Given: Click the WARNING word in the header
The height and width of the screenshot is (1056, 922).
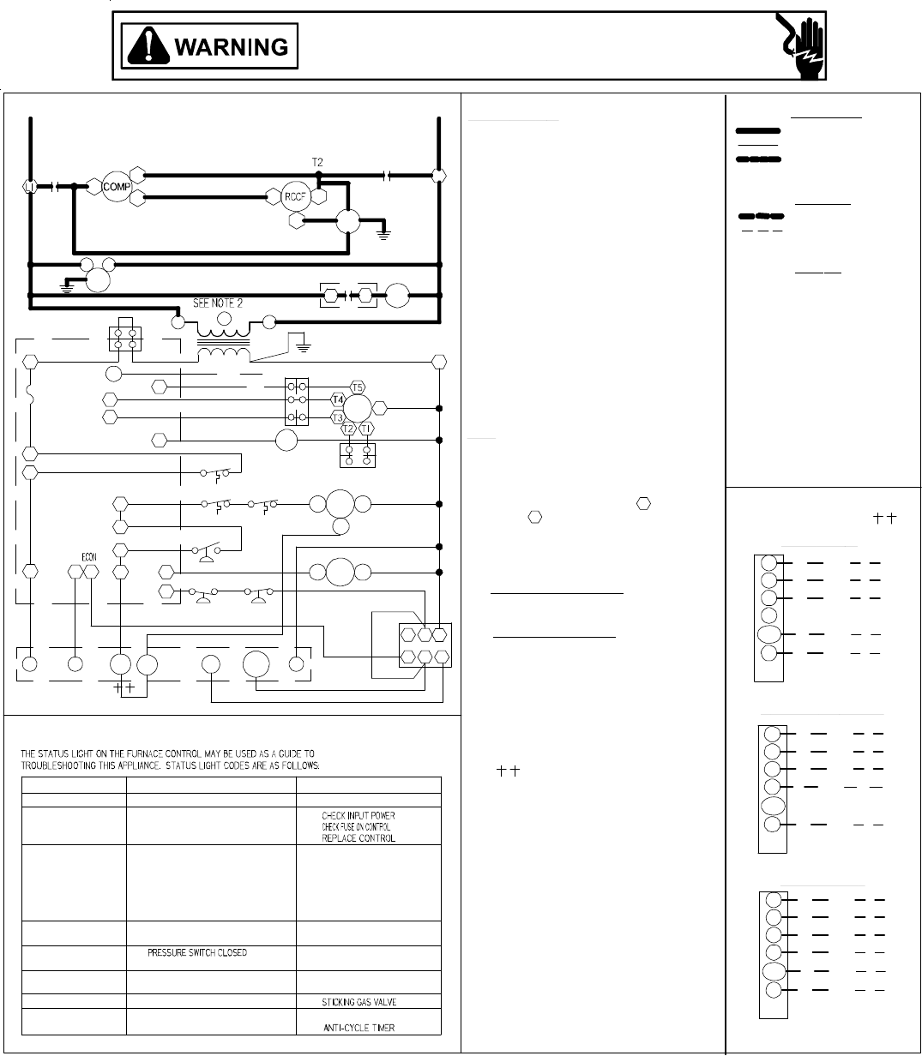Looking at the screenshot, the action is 232,46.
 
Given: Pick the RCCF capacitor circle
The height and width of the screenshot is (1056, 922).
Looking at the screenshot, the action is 294,195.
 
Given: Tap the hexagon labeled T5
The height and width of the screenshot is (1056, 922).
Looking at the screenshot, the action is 358,387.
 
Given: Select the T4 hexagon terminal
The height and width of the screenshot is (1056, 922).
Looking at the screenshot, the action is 337,400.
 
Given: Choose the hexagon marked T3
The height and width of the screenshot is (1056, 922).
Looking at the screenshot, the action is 337,417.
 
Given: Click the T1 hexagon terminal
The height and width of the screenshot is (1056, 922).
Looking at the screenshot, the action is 367,429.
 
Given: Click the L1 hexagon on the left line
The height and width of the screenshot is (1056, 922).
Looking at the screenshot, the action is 28,186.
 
